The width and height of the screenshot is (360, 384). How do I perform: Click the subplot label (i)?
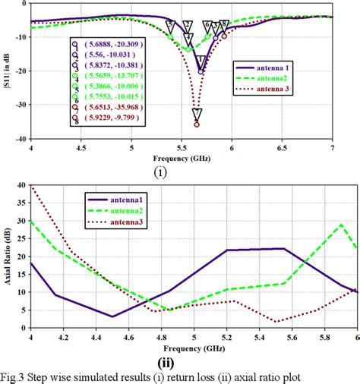click(x=160, y=172)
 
